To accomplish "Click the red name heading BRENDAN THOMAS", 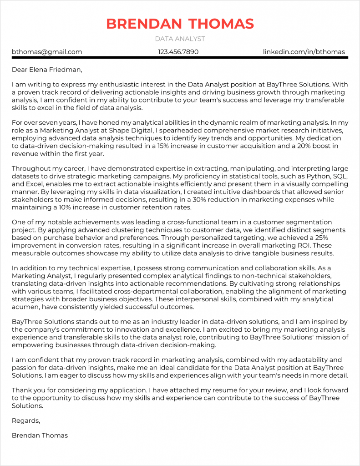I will point(180,24).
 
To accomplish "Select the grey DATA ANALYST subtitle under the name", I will point(180,39).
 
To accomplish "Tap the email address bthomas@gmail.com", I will point(47,52).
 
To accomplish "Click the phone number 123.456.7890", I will point(178,52).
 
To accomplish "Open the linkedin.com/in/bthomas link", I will point(304,52).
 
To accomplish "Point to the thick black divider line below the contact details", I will point(180,57).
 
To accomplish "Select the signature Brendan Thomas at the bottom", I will point(40,435).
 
